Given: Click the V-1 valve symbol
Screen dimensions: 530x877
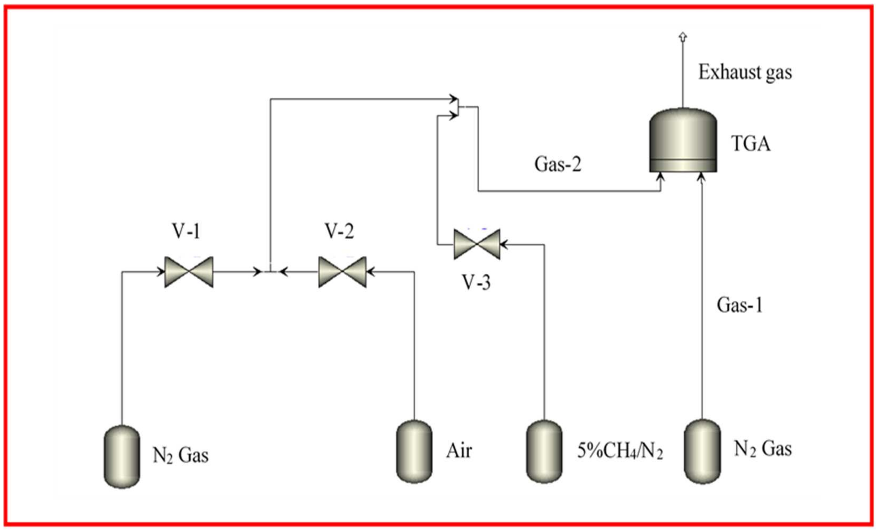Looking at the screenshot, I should pyautogui.click(x=189, y=272).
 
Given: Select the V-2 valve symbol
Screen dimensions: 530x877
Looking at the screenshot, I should pyautogui.click(x=342, y=272).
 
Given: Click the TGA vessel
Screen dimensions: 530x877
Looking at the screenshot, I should pyautogui.click(x=683, y=141).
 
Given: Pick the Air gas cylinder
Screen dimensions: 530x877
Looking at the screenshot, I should pyautogui.click(x=414, y=451).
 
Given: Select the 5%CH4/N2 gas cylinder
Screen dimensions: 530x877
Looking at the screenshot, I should pyautogui.click(x=544, y=451).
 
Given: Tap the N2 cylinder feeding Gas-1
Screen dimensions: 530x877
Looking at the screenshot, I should pyautogui.click(x=702, y=451).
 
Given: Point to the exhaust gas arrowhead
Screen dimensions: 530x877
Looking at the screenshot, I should pyautogui.click(x=683, y=36).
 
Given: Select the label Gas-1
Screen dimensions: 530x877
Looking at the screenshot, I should pyautogui.click(x=740, y=305).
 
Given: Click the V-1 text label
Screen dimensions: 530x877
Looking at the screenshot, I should pyautogui.click(x=187, y=232).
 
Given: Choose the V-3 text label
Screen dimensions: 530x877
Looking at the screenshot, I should pyautogui.click(x=476, y=283).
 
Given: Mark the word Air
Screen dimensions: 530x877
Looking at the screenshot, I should pyautogui.click(x=459, y=451).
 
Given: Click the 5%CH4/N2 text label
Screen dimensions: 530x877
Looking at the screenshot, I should pyautogui.click(x=620, y=452).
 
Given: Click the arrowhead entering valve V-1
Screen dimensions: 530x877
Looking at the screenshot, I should pyautogui.click(x=161, y=272).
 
